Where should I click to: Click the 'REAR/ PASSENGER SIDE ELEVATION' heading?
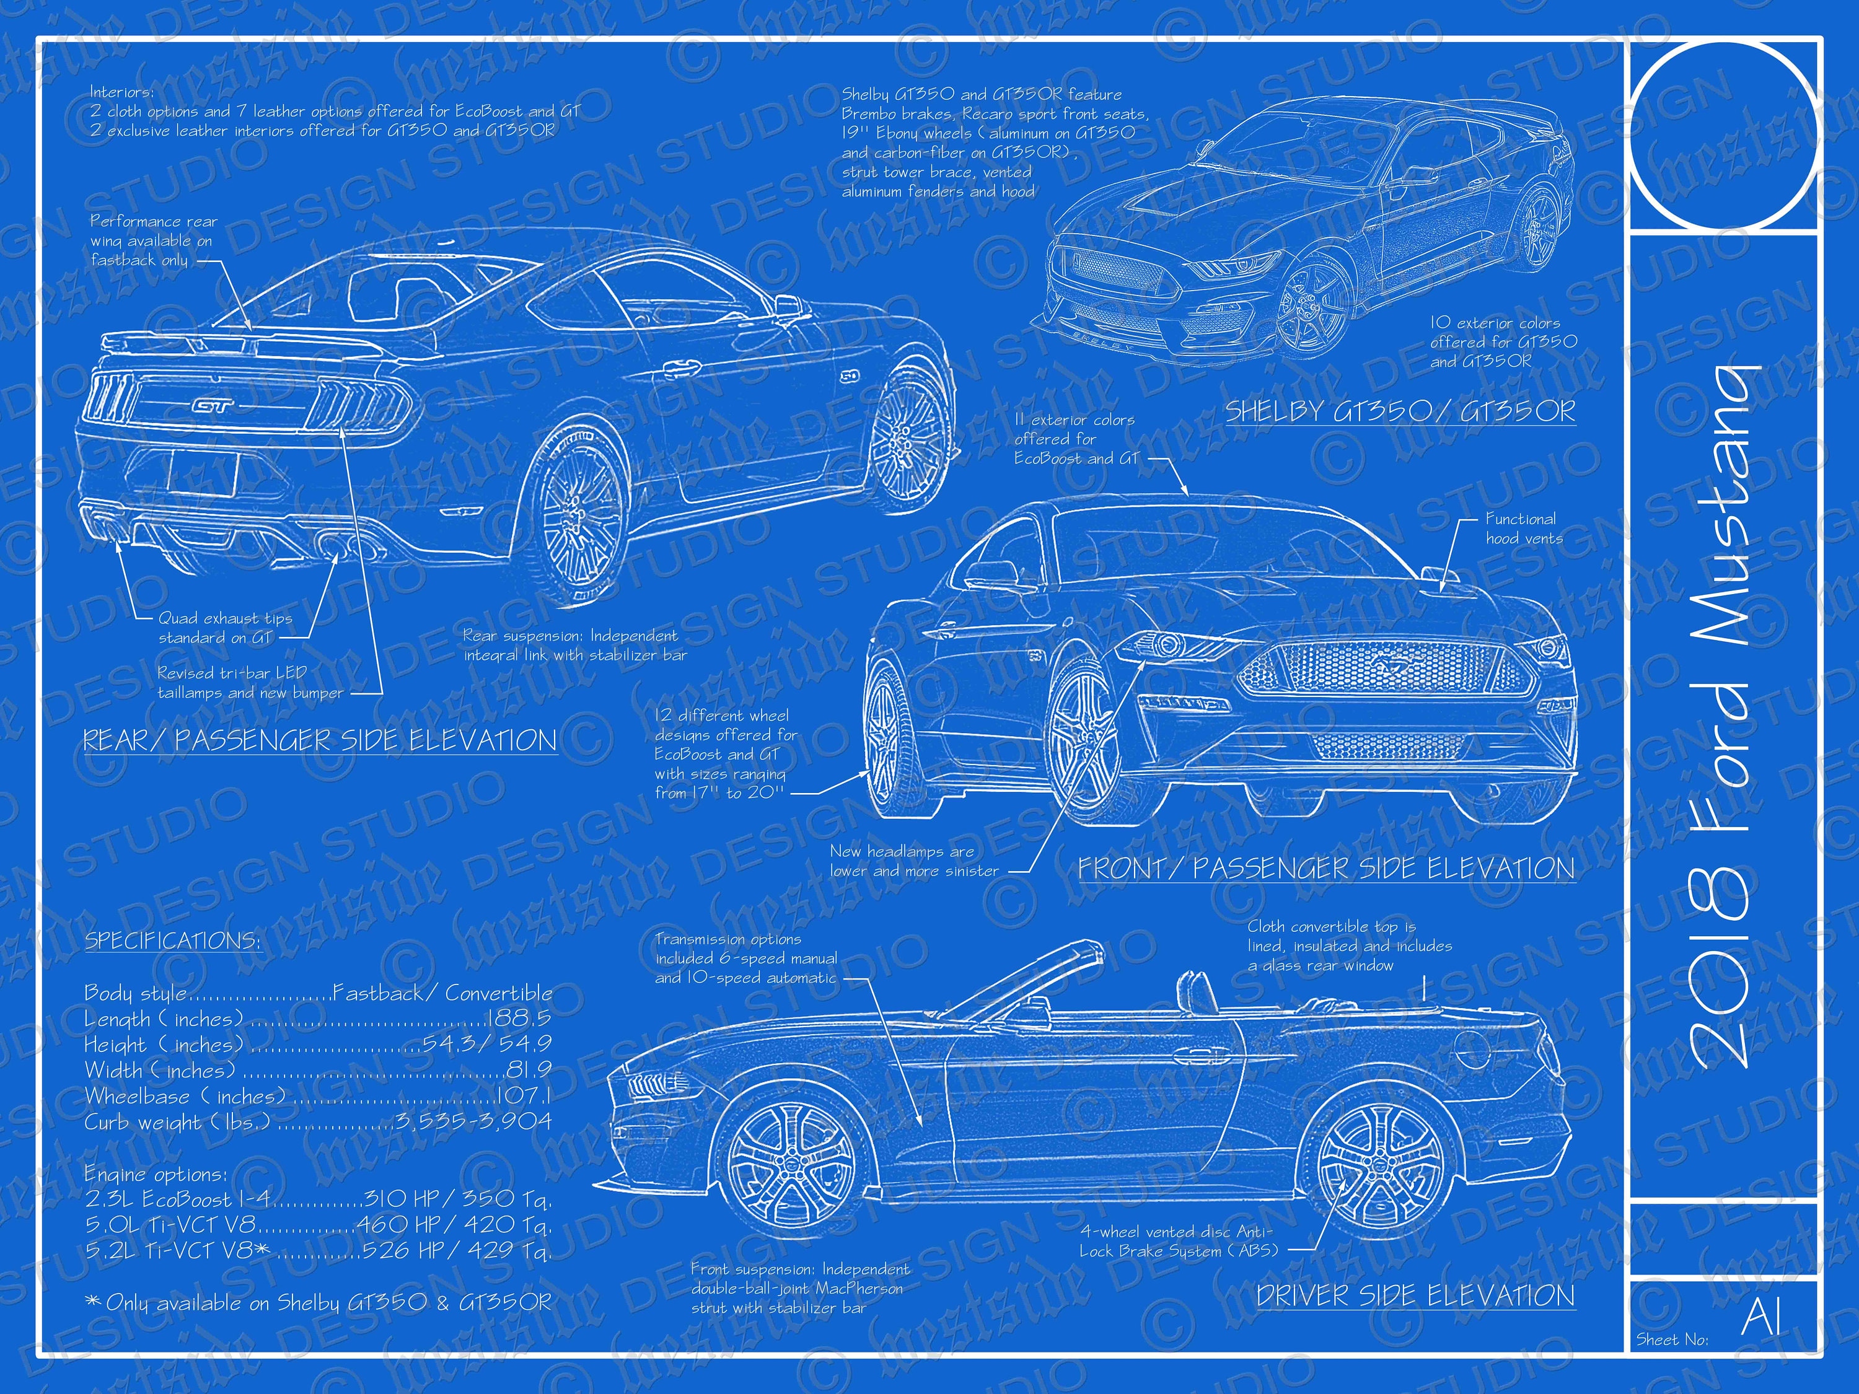319,740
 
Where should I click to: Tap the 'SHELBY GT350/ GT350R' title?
1399,411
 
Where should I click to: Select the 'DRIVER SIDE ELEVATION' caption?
1415,1295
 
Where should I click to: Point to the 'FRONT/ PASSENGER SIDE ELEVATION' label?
1326,868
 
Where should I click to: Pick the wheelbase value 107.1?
524,1096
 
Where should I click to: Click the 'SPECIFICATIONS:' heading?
172,940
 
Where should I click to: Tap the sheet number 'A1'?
1760,1316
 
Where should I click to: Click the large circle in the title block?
1723,134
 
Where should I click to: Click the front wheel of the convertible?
792,1172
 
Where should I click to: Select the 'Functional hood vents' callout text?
1523,528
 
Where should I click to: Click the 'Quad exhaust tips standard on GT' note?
224,628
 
